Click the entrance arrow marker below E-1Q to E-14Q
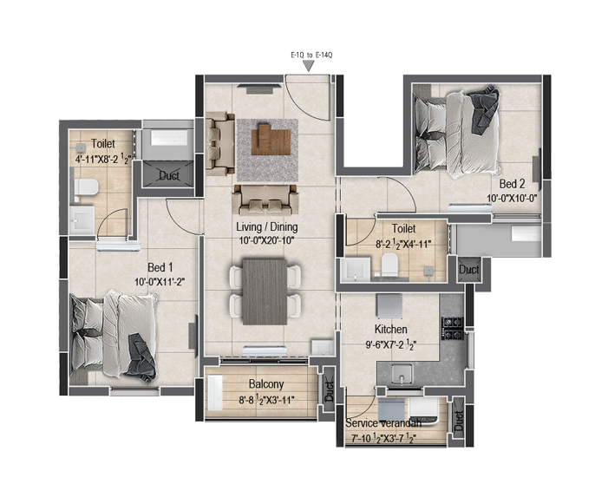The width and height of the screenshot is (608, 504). [308, 66]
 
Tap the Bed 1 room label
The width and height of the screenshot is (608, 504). [160, 267]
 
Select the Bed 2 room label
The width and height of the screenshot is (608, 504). [512, 184]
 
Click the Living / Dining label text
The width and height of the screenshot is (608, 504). [267, 226]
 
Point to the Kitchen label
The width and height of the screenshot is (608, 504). [391, 329]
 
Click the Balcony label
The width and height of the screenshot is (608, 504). [266, 384]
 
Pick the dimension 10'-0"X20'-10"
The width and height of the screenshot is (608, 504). [266, 241]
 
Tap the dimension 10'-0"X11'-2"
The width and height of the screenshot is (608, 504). [160, 282]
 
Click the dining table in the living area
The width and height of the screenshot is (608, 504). [265, 291]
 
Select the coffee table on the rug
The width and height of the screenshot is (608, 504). [271, 139]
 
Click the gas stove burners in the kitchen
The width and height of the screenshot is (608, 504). [453, 329]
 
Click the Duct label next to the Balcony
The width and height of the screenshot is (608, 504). [330, 390]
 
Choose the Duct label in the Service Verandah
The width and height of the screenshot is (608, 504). [458, 422]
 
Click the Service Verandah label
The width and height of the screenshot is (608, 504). [383, 423]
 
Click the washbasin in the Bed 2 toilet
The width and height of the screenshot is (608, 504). [356, 268]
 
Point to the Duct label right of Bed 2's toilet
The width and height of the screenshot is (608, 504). [469, 269]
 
